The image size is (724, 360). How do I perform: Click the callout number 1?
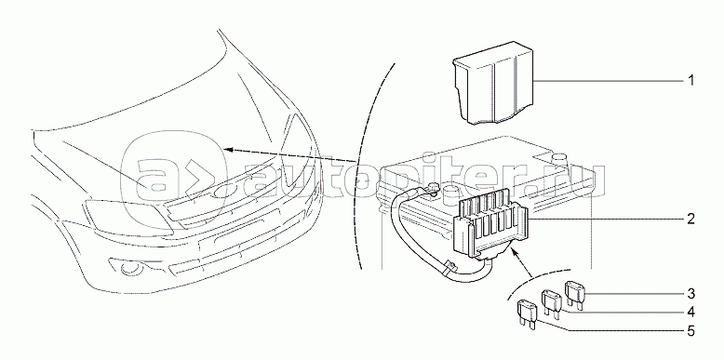(x=690, y=81)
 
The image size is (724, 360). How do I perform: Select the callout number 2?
(x=690, y=219)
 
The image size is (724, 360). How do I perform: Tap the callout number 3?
(x=690, y=294)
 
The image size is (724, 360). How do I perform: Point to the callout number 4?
(x=690, y=313)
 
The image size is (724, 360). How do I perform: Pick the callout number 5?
(x=690, y=331)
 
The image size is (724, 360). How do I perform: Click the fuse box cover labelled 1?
(x=493, y=85)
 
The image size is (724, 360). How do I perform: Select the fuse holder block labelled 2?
(x=489, y=224)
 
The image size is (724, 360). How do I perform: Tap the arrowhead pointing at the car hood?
(x=228, y=149)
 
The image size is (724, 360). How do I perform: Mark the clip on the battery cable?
(x=449, y=267)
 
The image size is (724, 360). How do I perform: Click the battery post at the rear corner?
(x=560, y=157)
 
